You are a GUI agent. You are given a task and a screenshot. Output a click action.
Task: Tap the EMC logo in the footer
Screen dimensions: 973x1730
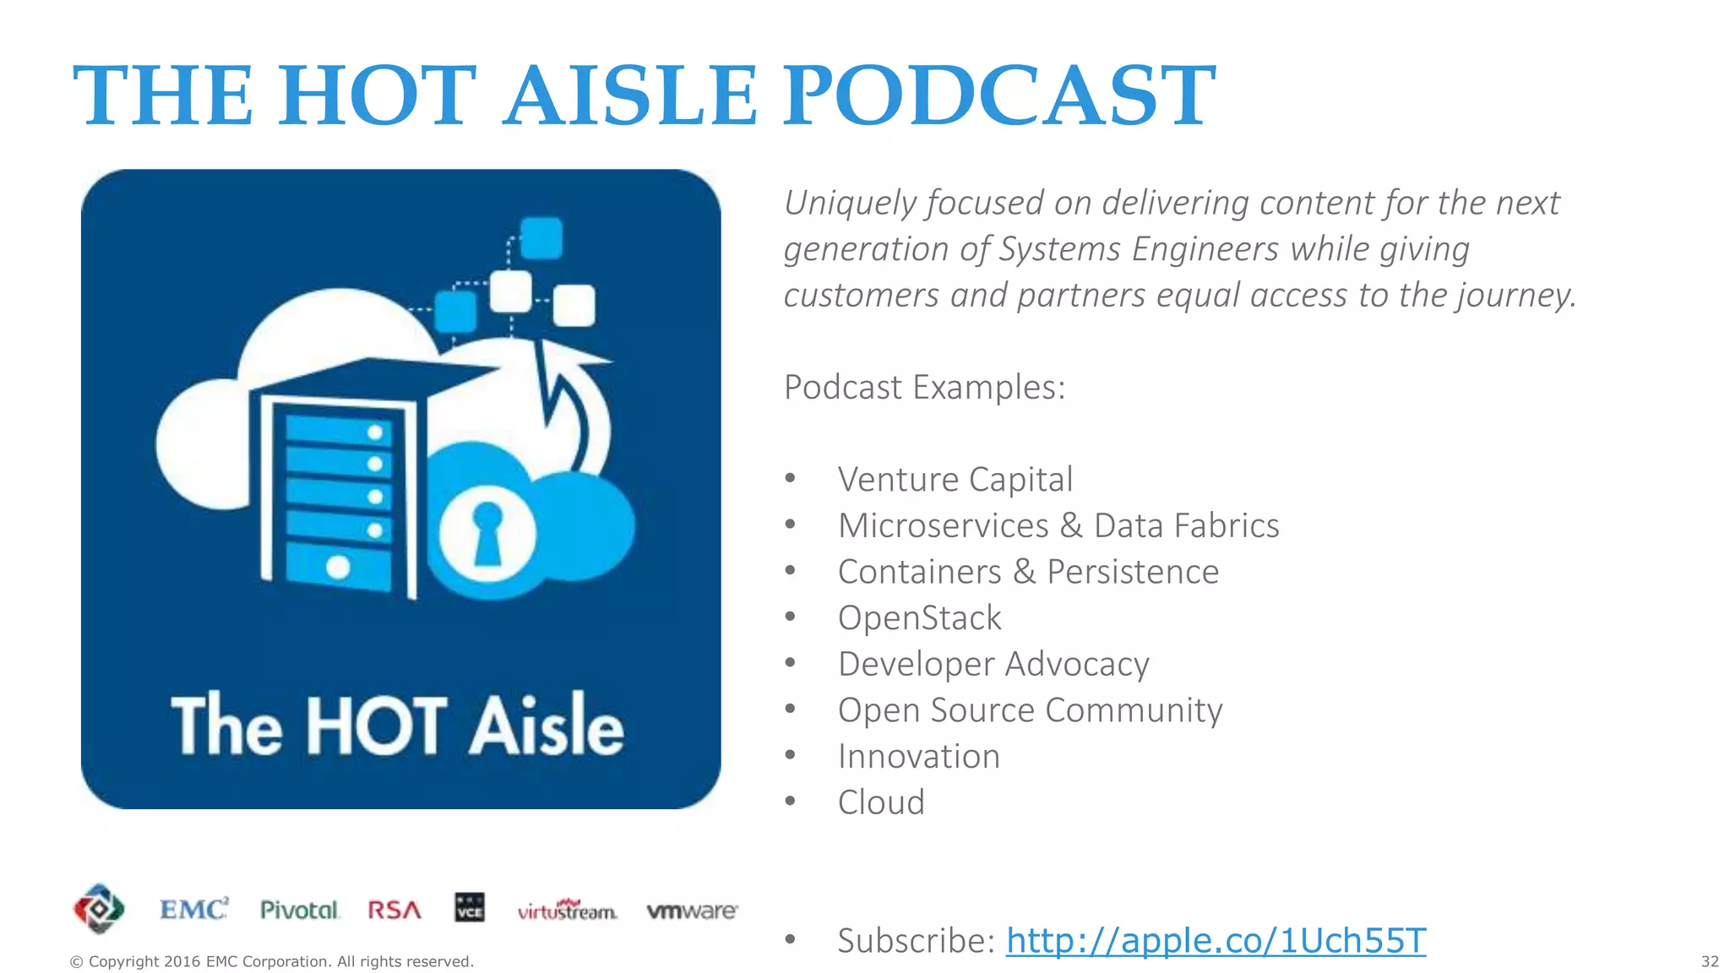tap(194, 910)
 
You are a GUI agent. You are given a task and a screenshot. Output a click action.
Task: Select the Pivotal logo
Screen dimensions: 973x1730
tap(299, 910)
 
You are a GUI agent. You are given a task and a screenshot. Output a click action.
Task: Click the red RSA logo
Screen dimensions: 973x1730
tap(394, 910)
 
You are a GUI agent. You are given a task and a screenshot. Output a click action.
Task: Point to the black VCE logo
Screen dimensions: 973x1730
tap(470, 908)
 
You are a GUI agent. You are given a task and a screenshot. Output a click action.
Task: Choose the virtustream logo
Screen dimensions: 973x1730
tap(567, 910)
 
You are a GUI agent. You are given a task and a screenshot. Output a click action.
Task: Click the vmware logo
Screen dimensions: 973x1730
tap(692, 910)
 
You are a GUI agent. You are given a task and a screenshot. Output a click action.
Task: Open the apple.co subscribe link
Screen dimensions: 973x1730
tap(1216, 940)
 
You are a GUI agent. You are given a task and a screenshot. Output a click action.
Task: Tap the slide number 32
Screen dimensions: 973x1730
tap(1710, 961)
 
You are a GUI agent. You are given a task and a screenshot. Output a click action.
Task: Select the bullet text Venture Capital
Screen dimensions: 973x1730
tap(955, 479)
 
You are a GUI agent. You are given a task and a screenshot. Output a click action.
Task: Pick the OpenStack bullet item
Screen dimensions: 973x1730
tap(919, 617)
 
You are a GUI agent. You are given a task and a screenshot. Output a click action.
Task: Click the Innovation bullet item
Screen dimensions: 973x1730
tap(918, 756)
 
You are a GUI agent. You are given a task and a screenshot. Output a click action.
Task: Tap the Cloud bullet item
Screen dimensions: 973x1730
tap(881, 802)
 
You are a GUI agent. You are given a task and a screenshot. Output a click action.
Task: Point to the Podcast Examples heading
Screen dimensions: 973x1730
tap(924, 387)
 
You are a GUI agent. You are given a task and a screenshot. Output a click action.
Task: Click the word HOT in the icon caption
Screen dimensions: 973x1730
tap(375, 726)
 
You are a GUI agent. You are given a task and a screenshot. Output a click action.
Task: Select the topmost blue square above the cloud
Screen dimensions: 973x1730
tap(541, 237)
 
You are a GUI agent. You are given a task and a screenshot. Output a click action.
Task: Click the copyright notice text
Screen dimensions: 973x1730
tap(271, 961)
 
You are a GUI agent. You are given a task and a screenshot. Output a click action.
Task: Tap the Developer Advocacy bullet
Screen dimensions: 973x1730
tap(993, 664)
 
